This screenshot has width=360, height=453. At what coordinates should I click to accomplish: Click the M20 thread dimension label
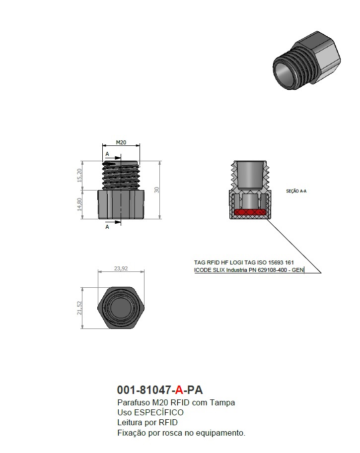tap(121, 142)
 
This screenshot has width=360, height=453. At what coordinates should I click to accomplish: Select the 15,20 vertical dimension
tap(79, 175)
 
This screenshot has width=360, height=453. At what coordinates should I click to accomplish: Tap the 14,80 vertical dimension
tap(79, 204)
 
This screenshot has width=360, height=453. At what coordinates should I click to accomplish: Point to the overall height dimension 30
tap(156, 190)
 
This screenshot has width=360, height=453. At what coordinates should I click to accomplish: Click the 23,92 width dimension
tap(121, 268)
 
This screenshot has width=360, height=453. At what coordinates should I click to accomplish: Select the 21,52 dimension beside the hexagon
tap(79, 308)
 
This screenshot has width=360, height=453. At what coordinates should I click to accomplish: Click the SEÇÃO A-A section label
tap(296, 191)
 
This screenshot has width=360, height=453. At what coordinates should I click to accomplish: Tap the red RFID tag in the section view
tap(250, 212)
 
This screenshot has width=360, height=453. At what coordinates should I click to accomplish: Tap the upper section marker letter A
tap(107, 154)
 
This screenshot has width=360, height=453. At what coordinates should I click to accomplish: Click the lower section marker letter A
tap(107, 227)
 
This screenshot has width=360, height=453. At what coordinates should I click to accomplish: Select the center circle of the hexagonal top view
tap(121, 308)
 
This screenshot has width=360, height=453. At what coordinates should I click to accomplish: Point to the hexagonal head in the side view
tap(121, 204)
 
